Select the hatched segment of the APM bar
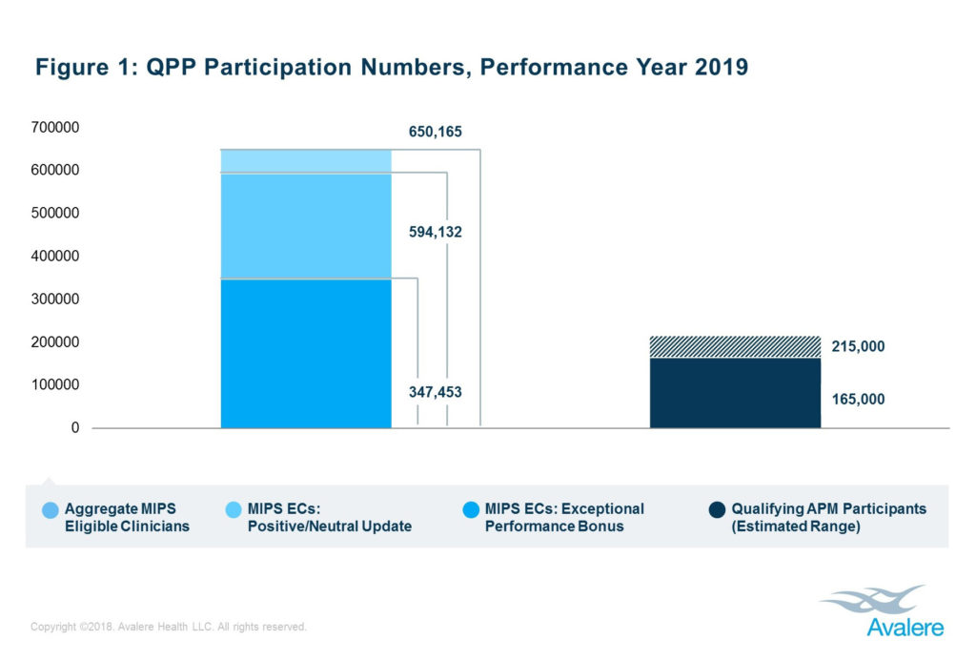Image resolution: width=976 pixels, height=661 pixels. pos(735,347)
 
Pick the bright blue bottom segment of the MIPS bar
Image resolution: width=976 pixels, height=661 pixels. pos(306,353)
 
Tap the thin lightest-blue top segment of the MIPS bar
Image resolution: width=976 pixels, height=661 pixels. pos(306,161)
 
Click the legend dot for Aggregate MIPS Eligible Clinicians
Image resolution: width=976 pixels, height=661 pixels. pos(49,509)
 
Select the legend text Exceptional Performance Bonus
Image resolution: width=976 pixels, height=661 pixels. pos(564,518)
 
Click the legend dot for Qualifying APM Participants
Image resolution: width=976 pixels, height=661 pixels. pos(715,509)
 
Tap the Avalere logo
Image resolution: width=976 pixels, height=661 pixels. pos(878,611)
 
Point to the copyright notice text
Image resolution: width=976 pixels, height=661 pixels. pos(169,627)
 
